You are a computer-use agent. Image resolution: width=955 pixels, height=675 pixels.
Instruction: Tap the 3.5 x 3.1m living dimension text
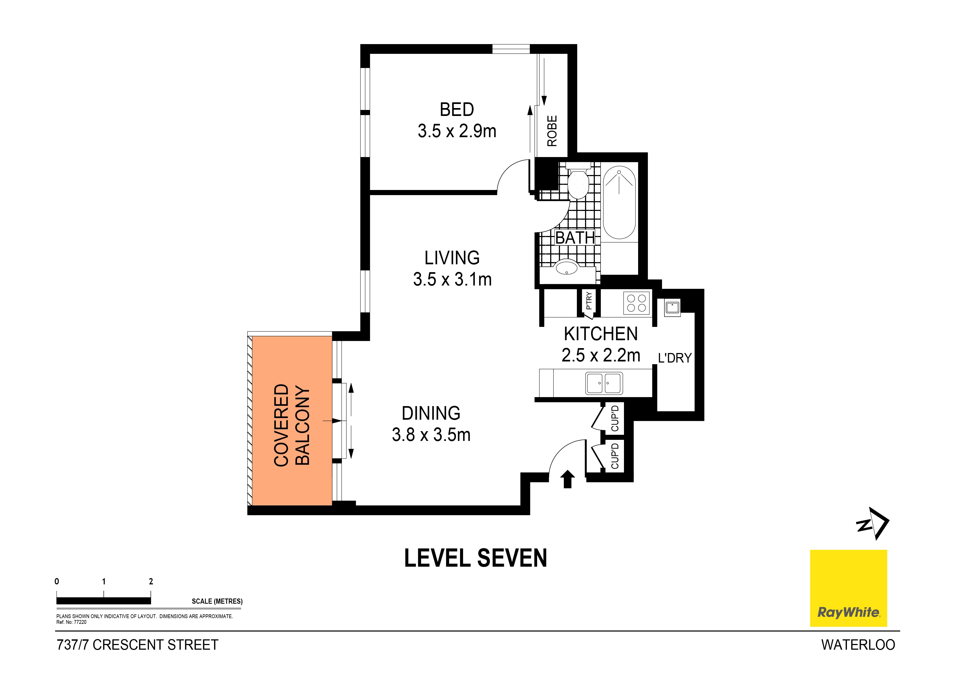coord(452,280)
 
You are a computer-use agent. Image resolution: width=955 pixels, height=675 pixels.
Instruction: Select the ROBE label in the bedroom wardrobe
coord(552,131)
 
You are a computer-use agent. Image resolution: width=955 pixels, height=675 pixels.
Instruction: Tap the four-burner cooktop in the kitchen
coord(636,303)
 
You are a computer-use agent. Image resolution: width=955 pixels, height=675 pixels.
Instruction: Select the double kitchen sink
coord(604,383)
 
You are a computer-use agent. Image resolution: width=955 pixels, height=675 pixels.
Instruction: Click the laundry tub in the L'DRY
coord(672,307)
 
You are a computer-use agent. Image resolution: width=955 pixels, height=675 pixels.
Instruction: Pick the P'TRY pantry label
coord(589,301)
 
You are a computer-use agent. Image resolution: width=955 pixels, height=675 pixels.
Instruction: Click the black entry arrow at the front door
coord(568,479)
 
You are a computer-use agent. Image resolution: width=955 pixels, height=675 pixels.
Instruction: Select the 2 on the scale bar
coord(151,581)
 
